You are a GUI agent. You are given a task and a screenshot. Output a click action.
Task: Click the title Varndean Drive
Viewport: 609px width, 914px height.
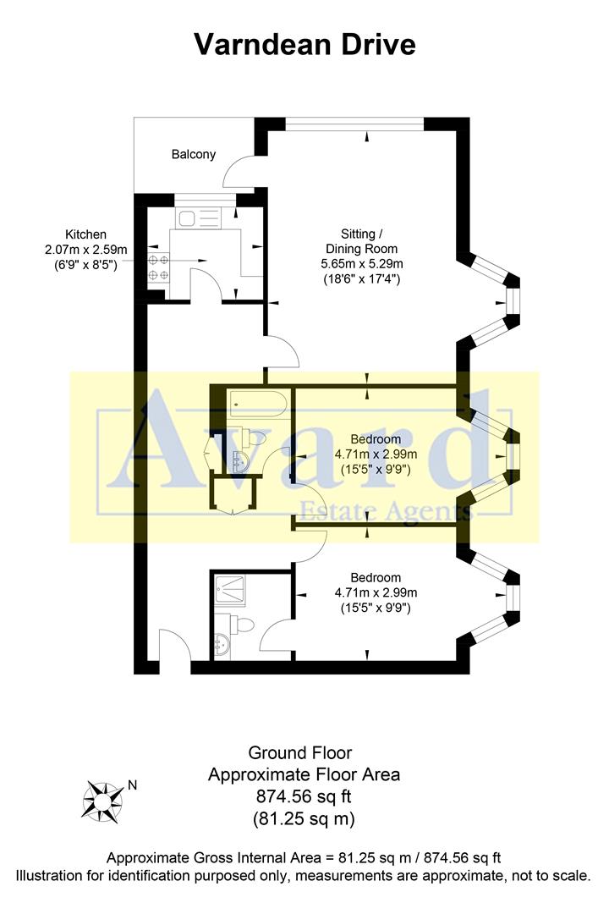coord(304,43)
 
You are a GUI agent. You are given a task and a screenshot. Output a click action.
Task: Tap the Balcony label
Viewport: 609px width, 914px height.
coord(194,154)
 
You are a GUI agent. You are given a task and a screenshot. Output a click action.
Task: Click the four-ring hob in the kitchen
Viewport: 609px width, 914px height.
coord(157,267)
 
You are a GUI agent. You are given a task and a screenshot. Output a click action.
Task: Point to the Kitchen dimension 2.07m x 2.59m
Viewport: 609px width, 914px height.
coord(85,249)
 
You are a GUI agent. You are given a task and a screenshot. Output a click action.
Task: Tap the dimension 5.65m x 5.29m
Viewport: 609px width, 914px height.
coord(362,262)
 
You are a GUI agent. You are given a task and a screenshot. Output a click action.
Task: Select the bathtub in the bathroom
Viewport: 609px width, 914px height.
coord(260,404)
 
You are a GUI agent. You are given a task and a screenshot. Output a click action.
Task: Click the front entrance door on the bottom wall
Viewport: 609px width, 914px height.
coord(174,647)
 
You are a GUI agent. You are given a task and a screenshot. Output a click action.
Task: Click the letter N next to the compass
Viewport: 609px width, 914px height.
coord(131,785)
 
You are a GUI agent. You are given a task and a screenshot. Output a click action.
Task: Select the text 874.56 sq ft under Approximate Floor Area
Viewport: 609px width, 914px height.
coord(304,796)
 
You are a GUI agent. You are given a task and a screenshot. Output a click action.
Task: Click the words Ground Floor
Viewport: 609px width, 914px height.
coord(299,752)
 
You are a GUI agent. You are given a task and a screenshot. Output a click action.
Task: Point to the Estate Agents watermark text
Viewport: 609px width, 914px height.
coord(386,510)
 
